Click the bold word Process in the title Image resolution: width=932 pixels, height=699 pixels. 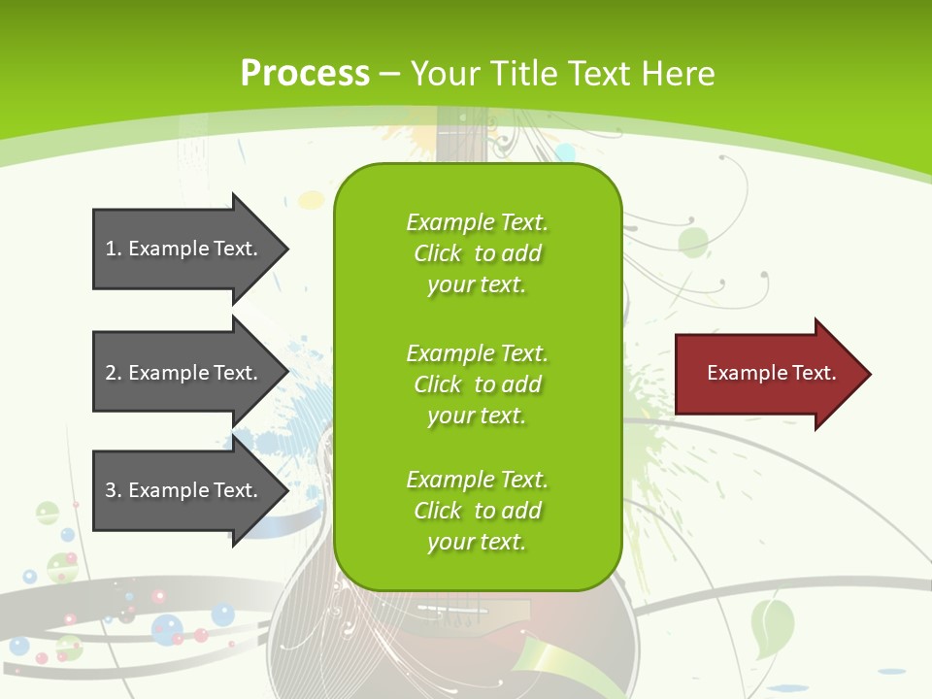(305, 74)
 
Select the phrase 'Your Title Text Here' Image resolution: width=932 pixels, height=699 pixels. (562, 74)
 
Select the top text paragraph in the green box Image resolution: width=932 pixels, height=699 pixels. (477, 253)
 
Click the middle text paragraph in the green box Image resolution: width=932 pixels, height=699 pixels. (477, 384)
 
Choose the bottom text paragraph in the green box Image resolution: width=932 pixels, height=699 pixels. (477, 511)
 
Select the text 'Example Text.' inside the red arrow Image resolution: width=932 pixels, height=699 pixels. (771, 373)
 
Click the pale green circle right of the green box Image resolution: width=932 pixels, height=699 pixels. (693, 241)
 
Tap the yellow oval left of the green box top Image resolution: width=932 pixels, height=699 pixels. (311, 200)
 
